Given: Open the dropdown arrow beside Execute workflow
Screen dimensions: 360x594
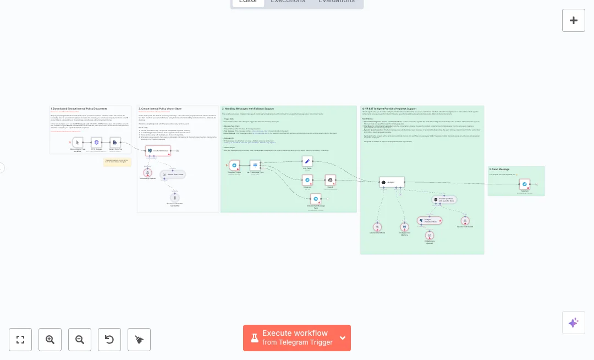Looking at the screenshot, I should click(343, 338).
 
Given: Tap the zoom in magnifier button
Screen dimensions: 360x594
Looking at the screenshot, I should click(50, 340).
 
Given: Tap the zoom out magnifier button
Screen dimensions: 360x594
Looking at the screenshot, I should click(80, 340).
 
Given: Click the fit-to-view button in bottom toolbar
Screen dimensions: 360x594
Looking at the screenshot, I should click(20, 340).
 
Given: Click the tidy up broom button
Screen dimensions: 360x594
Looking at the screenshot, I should click(139, 340).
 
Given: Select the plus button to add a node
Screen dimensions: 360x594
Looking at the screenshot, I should click(574, 20).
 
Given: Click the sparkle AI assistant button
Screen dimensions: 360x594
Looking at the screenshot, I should click(574, 323).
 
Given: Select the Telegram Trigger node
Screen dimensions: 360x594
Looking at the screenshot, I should click(234, 165).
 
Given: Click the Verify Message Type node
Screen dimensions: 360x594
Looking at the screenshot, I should click(255, 165).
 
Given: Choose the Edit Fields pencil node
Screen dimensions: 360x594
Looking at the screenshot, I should click(307, 161).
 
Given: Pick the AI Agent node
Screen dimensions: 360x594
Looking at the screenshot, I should click(392, 182).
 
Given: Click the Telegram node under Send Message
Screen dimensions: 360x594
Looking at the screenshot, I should click(525, 184).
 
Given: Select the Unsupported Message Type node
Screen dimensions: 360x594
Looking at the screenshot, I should click(316, 198).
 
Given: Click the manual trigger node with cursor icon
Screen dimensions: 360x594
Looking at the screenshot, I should click(78, 142).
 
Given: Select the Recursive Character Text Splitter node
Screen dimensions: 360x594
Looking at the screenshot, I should click(174, 198).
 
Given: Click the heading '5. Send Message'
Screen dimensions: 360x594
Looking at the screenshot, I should click(500, 170).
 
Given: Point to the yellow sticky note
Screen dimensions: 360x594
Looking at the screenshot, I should click(117, 162).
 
